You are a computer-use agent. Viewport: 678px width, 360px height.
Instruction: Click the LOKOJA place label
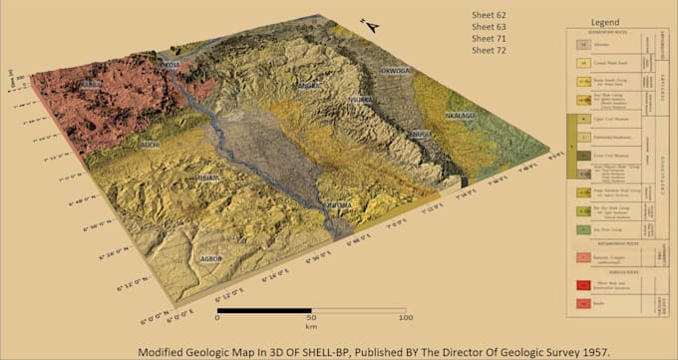tap(169, 65)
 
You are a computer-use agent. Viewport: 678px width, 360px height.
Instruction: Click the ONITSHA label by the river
tap(339, 205)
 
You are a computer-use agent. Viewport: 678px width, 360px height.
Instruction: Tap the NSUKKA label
tap(361, 100)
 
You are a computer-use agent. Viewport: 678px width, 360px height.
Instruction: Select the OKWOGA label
tap(396, 72)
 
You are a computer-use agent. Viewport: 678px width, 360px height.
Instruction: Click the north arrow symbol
tap(371, 27)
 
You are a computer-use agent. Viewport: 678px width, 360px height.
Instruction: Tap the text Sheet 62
tap(490, 15)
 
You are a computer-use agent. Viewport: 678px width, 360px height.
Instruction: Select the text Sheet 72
tap(490, 49)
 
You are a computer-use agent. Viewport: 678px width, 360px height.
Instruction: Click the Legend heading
tap(606, 21)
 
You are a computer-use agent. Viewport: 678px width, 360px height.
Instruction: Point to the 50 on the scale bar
tap(310, 319)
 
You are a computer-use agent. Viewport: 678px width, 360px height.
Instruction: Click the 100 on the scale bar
tap(405, 319)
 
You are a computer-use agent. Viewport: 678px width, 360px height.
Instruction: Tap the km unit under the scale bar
tap(310, 327)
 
